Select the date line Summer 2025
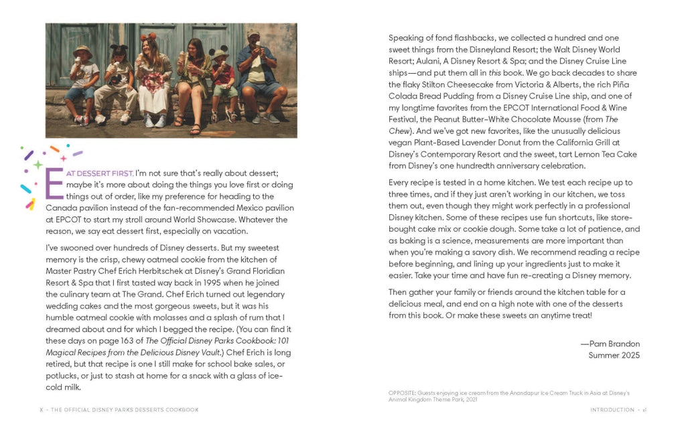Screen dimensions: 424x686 coord(614,355)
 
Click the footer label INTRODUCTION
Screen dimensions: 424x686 coord(612,410)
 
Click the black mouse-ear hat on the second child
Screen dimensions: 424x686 coord(119,50)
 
